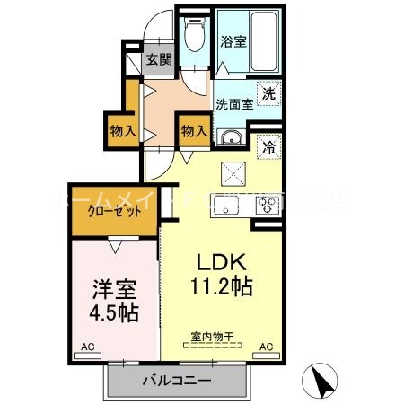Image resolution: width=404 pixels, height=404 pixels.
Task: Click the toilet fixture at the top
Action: click(x=193, y=37)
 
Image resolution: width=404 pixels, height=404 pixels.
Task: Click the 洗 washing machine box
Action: click(x=268, y=91)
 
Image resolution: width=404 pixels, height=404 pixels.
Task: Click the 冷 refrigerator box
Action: click(x=268, y=148)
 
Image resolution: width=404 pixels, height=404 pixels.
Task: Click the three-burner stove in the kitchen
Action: click(x=268, y=203)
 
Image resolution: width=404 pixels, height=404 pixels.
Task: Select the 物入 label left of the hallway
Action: click(x=123, y=131)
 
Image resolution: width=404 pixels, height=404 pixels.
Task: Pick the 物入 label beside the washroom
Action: click(x=194, y=131)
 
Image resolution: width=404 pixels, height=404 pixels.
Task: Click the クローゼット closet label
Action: click(x=113, y=212)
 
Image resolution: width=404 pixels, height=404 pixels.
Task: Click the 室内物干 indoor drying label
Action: click(x=212, y=338)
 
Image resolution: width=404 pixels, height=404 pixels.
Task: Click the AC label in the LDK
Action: click(x=267, y=346)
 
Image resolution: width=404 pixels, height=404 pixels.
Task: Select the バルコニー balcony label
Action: click(x=176, y=381)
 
